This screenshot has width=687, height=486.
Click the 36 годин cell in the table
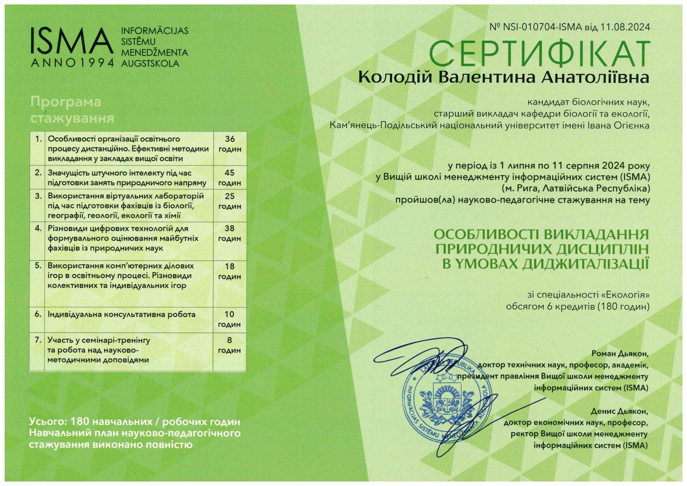(230, 144)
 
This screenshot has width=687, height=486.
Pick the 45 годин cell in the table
(230, 178)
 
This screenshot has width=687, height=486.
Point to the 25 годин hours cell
(230, 201)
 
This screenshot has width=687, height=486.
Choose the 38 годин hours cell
(230, 233)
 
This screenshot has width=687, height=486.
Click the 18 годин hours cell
(230, 271)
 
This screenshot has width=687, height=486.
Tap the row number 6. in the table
(38, 314)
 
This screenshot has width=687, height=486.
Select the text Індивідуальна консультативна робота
(121, 314)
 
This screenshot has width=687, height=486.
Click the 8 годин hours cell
(230, 345)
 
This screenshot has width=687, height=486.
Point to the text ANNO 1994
(73, 63)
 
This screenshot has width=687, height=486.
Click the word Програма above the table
(66, 102)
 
